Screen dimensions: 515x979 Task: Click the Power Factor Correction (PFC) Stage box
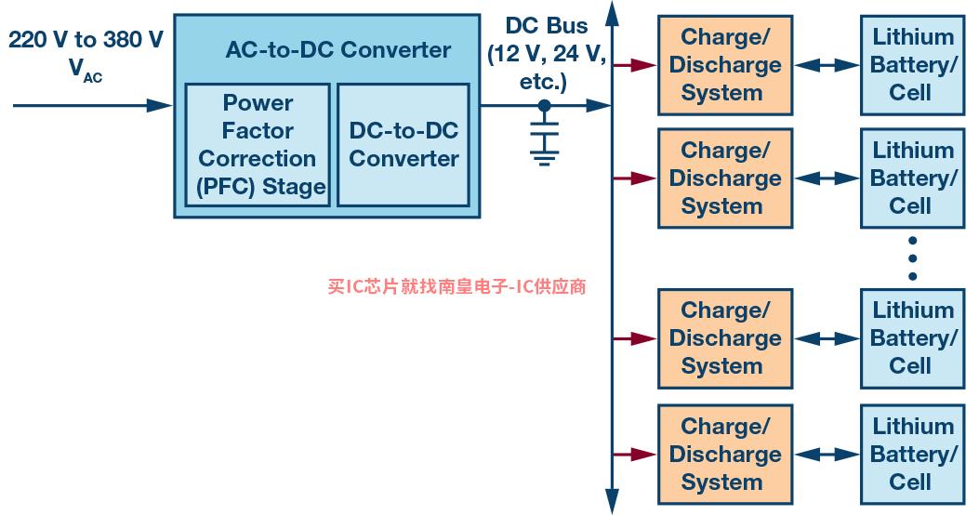coord(258,144)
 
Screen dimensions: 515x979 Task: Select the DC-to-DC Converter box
coord(404,144)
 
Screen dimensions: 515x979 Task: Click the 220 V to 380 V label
coord(86,40)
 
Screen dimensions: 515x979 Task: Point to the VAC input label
coord(86,73)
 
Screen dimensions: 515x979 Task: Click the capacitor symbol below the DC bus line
coord(545,131)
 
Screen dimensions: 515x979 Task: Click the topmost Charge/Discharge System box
coord(724,65)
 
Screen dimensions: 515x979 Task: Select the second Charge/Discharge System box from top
coord(724,178)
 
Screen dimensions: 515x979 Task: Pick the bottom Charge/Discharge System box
coord(724,455)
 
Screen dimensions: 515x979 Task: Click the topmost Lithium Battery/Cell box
coord(912,65)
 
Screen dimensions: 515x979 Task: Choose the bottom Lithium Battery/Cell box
coord(912,455)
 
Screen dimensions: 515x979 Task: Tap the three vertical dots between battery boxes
coord(912,257)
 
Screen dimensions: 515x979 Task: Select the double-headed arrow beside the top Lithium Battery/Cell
coord(827,65)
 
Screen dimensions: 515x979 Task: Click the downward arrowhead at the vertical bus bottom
coord(612,502)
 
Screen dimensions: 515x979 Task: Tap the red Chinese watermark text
coord(456,287)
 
